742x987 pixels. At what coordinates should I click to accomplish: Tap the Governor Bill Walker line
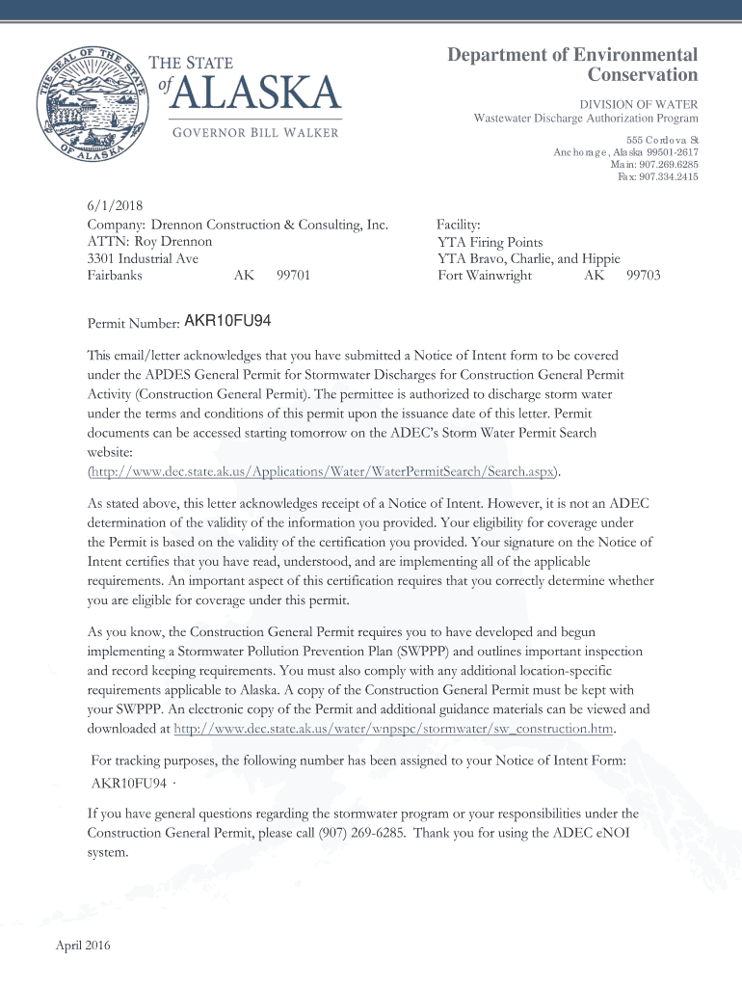[x=255, y=132]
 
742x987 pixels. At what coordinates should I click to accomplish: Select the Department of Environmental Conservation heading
[x=572, y=65]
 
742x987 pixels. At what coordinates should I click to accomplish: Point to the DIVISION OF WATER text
[x=638, y=104]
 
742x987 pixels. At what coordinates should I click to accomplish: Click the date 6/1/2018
[x=112, y=207]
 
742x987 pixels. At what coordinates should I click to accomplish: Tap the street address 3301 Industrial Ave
[x=143, y=258]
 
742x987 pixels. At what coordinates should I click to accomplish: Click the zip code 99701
[x=293, y=276]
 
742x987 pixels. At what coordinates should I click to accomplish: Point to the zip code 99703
[x=643, y=276]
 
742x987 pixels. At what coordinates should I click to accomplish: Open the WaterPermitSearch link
[x=324, y=471]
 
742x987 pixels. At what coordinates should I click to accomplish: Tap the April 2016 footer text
[x=83, y=946]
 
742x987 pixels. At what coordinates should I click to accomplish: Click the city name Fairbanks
[x=115, y=276]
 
